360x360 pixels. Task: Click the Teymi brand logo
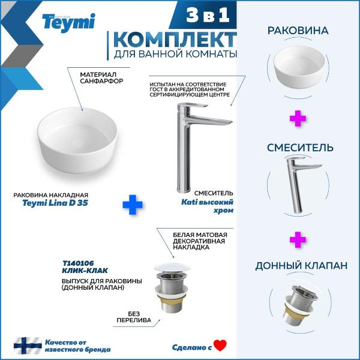tap(68, 23)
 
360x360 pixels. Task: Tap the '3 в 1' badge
tap(208, 15)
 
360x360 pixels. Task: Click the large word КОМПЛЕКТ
tap(175, 40)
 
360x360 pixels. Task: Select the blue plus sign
tap(133, 205)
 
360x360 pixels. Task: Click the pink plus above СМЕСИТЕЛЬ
tap(298, 118)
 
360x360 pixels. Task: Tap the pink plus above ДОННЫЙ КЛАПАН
tap(298, 239)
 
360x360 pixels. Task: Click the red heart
tap(220, 346)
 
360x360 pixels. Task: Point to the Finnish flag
tap(28, 346)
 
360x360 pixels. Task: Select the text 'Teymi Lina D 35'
tap(55, 203)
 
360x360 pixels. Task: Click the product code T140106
tap(78, 263)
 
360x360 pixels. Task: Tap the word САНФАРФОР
tap(101, 81)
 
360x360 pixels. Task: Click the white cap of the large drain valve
tap(172, 268)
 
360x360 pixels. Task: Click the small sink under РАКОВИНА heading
tap(299, 67)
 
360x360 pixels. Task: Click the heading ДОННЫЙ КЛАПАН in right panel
tap(301, 266)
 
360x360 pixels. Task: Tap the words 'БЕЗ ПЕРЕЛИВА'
tap(134, 317)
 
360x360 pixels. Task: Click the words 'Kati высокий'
tap(208, 202)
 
